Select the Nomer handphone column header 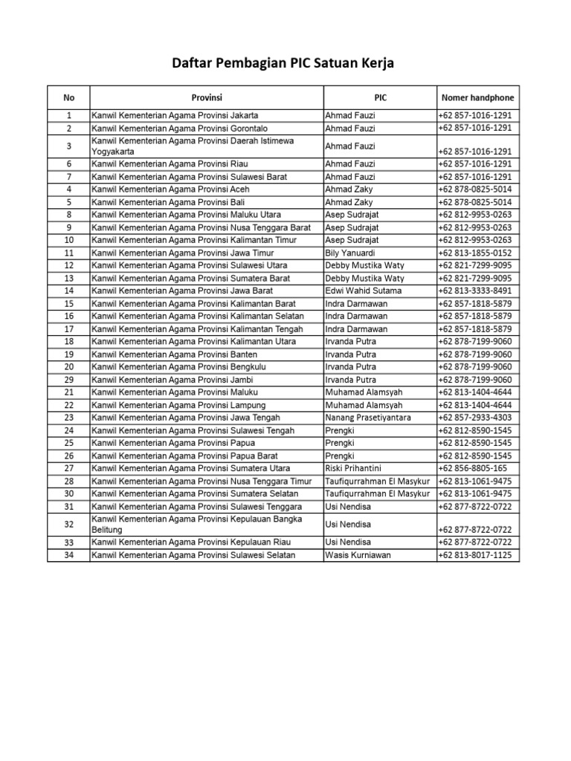tap(477, 97)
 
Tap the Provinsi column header tap(207, 97)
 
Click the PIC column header tap(380, 97)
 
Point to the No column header tap(68, 97)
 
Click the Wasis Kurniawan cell tap(357, 555)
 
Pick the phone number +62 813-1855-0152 tap(475, 253)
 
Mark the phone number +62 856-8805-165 tap(472, 468)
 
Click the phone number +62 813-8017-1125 tap(475, 555)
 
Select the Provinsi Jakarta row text tap(175, 115)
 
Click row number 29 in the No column tap(68, 380)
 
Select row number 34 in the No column tap(68, 555)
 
